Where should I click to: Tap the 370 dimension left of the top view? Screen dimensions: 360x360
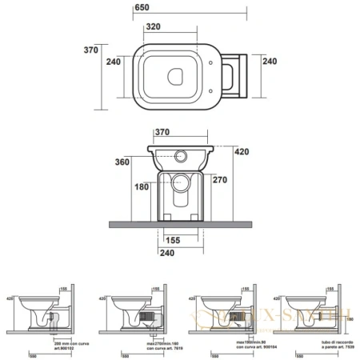[x=91, y=50]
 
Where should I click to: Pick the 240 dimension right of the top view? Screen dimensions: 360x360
[x=270, y=62]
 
